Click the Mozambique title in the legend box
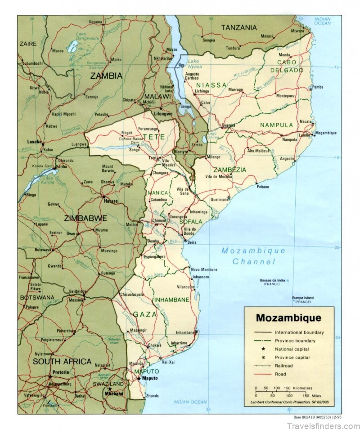[x=288, y=318]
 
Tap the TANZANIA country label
[x=238, y=27]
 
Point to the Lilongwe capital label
[x=164, y=114]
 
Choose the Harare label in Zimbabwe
[x=111, y=201]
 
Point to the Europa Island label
[x=302, y=298]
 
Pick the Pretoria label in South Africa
[x=60, y=372]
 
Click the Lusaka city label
[x=34, y=141]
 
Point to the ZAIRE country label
[x=27, y=43]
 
